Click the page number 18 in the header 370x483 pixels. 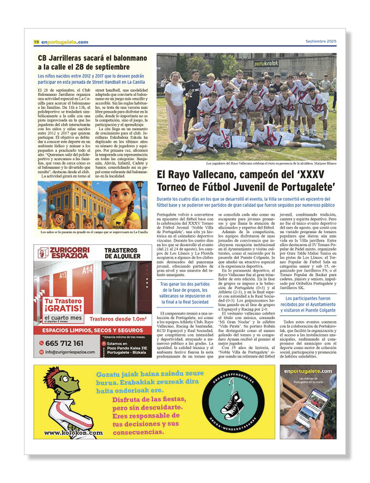click(36, 42)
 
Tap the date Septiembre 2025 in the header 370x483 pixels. click(320, 42)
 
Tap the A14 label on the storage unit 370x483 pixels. click(87, 269)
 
